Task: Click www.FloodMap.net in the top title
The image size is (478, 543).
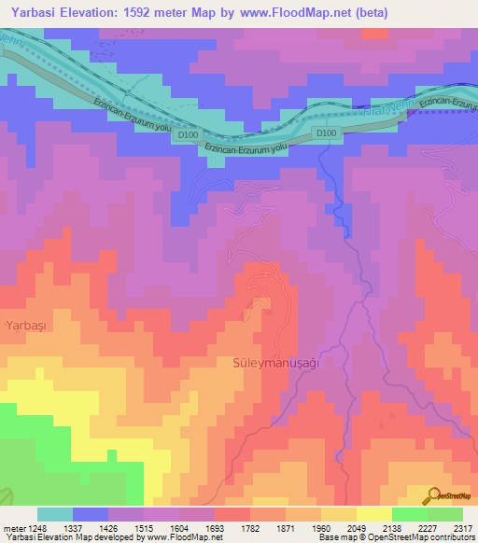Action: pos(286,13)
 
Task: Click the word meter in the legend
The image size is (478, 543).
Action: pos(12,528)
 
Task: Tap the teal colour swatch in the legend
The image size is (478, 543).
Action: pos(55,514)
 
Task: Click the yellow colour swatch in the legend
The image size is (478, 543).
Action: pos(373,514)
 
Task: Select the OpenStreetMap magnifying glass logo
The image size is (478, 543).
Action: pos(433,496)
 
